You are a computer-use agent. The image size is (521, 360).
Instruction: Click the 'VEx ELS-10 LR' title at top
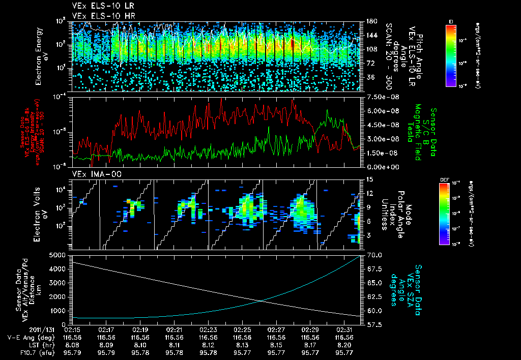(99, 7)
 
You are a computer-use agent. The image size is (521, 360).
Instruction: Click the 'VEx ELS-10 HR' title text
(99, 16)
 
